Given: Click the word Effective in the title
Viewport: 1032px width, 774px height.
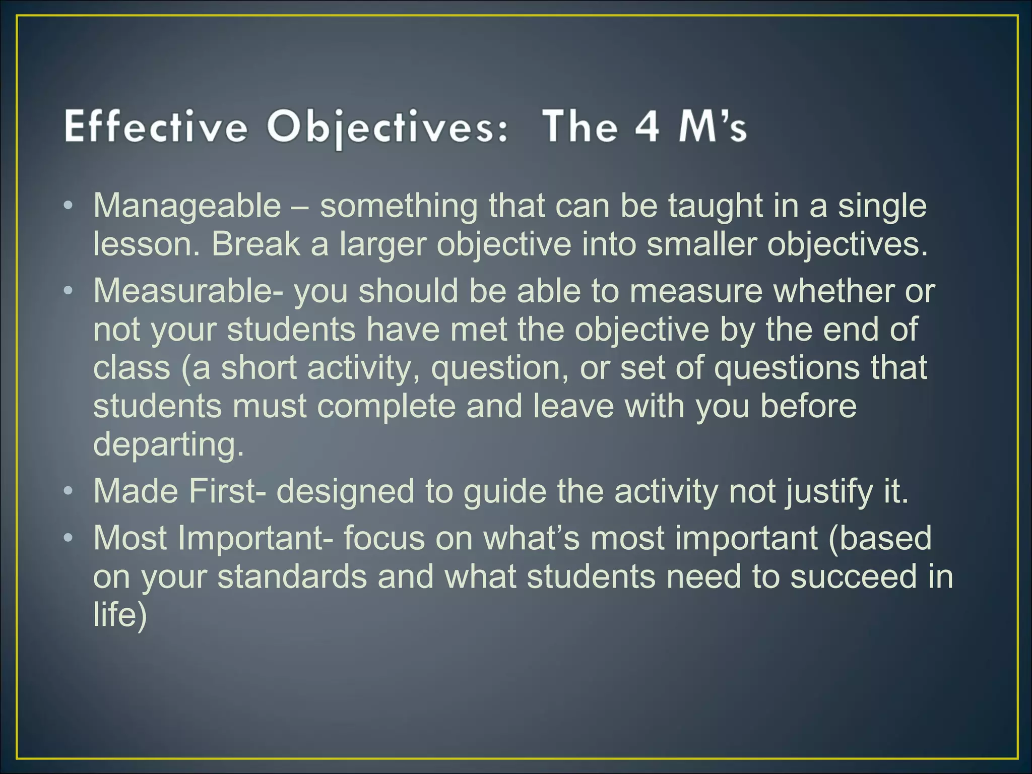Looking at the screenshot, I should click(156, 127).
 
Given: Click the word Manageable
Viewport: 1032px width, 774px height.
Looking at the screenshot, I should click(187, 207).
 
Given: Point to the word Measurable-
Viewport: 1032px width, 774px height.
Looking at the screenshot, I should click(188, 291).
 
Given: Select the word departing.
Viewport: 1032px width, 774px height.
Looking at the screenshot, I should click(168, 444).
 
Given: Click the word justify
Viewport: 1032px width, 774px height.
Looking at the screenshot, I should click(827, 492).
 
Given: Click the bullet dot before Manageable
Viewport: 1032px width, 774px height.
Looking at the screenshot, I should click(69, 207).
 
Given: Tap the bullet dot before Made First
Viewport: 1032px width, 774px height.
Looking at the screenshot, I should click(69, 491).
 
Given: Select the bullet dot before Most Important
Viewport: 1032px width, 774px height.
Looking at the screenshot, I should click(69, 538).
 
